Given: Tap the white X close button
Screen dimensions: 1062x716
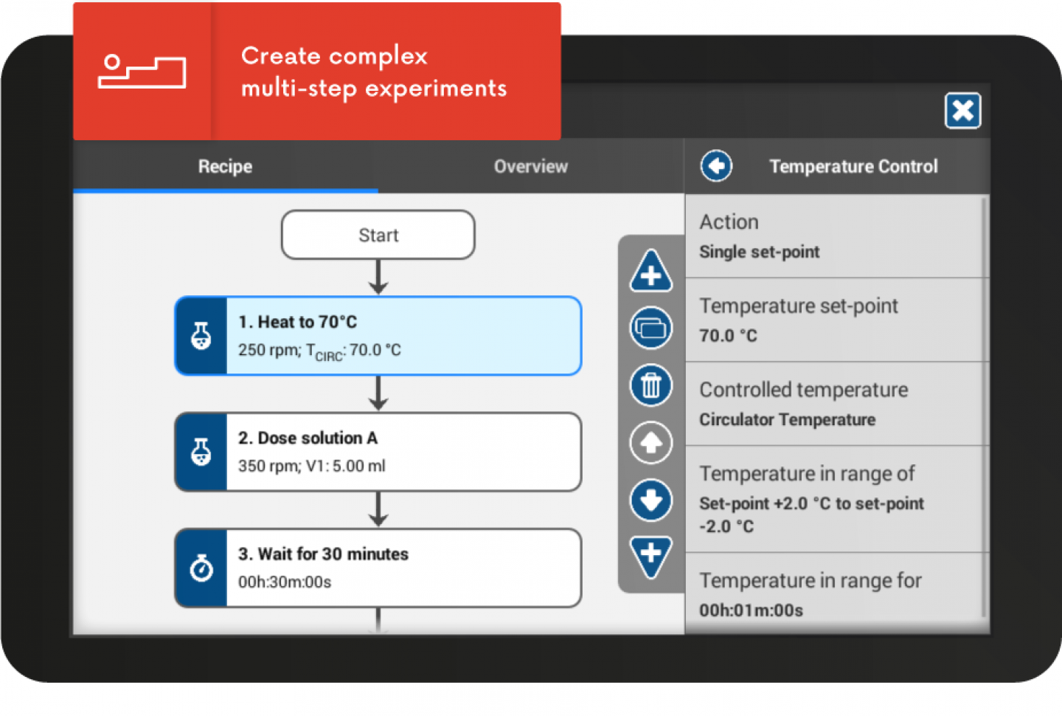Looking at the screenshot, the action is (962, 111).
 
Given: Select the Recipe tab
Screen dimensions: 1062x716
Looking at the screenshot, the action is (225, 166).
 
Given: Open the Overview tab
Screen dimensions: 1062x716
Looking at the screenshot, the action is (530, 166).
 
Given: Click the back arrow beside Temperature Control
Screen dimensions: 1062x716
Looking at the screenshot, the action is (716, 166).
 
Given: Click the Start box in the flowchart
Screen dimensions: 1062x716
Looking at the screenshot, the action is (378, 235).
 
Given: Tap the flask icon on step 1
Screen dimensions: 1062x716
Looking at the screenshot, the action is (201, 336).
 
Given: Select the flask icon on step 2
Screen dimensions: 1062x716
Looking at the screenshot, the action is (201, 452).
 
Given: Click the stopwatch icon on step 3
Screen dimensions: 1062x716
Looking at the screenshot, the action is (201, 568).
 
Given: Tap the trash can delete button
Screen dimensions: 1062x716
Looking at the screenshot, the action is (651, 385).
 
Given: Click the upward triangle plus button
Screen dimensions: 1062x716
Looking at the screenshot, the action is (651, 272).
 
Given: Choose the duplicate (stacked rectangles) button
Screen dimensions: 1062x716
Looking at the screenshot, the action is (651, 328).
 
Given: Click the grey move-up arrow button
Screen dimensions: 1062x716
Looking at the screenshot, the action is (651, 443).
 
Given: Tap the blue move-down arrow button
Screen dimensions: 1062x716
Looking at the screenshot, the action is (651, 500).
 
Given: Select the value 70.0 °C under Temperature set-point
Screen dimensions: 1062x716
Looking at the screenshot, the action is (728, 335).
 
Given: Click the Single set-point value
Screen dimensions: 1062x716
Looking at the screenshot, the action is (760, 252).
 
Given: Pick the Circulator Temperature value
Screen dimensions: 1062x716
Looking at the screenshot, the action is (788, 419).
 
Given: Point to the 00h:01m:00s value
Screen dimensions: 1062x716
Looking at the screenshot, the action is (751, 610).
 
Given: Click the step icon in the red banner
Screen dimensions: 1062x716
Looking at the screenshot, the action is (142, 72).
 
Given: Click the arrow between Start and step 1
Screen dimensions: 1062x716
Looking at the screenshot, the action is (378, 277).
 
